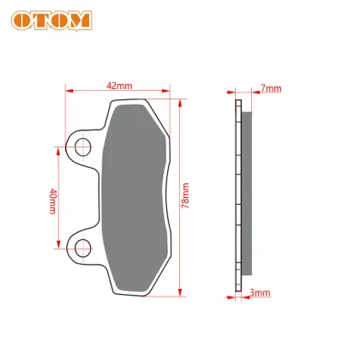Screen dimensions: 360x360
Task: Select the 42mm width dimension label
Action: click(119, 85)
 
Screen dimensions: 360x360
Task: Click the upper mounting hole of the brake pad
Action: click(81, 147)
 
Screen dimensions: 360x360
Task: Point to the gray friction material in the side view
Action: click(246, 193)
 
